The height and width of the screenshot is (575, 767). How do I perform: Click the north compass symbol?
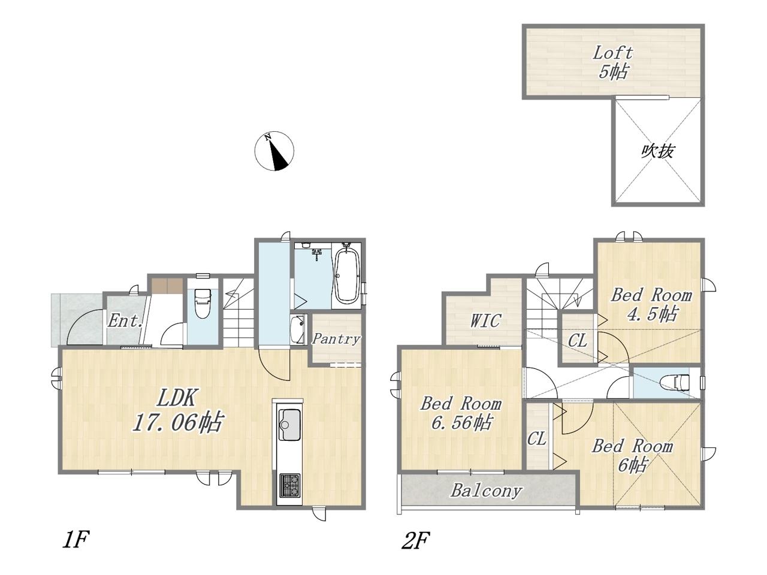tap(274, 151)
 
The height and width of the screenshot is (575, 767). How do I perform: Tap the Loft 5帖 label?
tap(613, 63)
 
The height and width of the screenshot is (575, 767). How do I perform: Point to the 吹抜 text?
tap(657, 152)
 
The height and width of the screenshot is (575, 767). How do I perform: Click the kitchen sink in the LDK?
tap(289, 425)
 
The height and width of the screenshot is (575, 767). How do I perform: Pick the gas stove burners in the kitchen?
tap(289, 485)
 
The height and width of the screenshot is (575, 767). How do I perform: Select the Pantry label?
tap(336, 338)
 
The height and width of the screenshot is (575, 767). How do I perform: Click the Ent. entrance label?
tap(125, 320)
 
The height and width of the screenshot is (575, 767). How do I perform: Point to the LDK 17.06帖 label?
tap(177, 411)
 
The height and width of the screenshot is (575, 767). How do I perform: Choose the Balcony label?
tap(487, 491)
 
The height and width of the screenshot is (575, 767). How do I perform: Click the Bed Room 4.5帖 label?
tap(651, 304)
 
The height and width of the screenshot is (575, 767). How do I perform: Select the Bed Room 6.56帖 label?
tap(461, 413)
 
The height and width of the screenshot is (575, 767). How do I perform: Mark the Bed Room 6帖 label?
tap(632, 456)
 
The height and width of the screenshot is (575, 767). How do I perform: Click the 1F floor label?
tap(76, 540)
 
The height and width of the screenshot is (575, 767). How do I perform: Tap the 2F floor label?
tap(415, 540)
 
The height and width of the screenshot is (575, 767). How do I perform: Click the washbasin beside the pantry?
tap(298, 329)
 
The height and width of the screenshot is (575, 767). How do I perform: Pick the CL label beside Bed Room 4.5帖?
tap(578, 341)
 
